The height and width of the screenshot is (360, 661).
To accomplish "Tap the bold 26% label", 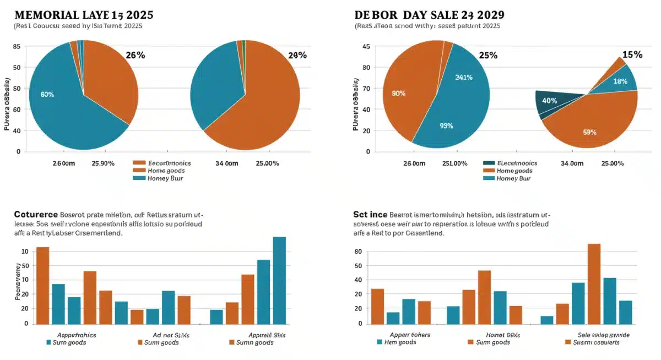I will click(x=135, y=55).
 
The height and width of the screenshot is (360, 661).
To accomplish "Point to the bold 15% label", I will click(x=632, y=54).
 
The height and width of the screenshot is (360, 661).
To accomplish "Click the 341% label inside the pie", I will click(x=464, y=78).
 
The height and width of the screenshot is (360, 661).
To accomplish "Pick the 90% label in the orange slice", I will click(x=398, y=94).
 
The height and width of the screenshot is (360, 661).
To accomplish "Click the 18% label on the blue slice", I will click(x=620, y=81).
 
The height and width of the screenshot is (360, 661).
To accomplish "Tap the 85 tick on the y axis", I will click(x=17, y=47).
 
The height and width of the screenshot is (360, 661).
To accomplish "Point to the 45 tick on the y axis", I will click(x=366, y=47).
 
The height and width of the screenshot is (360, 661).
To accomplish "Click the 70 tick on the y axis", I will click(x=366, y=88).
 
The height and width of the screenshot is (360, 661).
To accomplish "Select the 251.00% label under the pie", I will click(x=455, y=163).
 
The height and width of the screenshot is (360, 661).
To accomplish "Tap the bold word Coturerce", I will click(x=35, y=214).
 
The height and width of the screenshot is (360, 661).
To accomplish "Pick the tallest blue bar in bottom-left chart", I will click(x=279, y=280).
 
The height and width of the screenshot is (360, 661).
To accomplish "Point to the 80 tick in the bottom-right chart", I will click(x=358, y=252).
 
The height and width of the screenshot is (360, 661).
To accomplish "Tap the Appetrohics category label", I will click(x=77, y=335).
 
